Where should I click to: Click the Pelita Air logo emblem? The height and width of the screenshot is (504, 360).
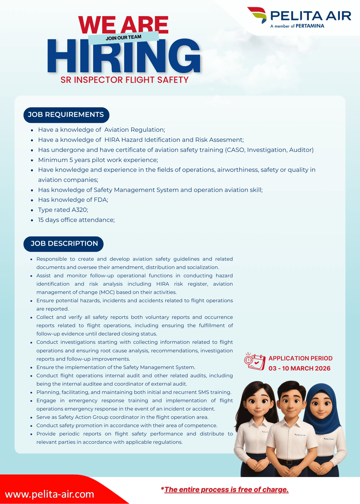(257, 15)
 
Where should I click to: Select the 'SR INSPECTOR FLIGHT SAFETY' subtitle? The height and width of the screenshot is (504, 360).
(124, 80)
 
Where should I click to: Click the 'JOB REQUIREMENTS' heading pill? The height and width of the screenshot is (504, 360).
(66, 115)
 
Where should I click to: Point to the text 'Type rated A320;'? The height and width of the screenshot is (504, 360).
(63, 210)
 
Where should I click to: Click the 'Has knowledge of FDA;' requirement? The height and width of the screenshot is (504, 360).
(73, 200)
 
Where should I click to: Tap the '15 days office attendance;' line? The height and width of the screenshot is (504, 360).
(76, 220)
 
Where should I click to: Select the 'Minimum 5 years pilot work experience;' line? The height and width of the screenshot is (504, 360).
(98, 160)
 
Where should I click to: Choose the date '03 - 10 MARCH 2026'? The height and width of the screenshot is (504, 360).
(299, 368)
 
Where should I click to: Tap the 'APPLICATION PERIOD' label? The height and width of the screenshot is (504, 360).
(300, 358)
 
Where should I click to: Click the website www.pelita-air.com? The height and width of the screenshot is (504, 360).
(49, 494)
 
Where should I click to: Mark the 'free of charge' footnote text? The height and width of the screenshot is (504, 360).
(226, 490)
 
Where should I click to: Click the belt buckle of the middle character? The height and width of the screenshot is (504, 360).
(289, 462)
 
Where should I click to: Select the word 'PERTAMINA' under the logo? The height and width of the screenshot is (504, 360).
(310, 26)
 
